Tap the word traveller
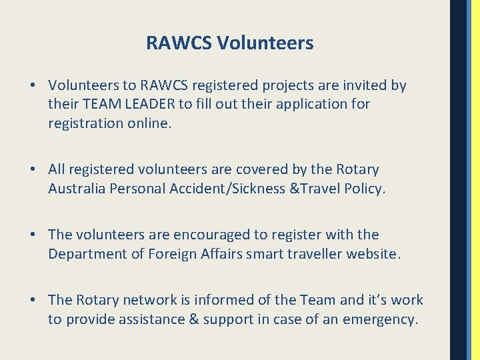[312, 254]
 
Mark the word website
[374, 254]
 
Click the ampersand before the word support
[195, 319]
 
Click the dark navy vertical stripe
[459, 180]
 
